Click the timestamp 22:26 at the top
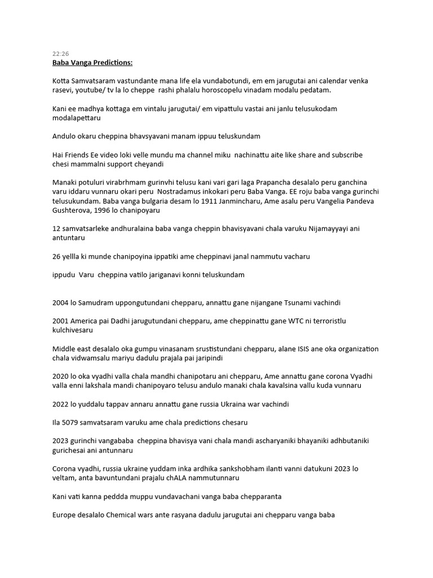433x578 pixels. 60,54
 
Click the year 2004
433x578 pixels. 61,302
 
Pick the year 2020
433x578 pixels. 61,376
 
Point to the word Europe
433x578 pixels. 64,515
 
